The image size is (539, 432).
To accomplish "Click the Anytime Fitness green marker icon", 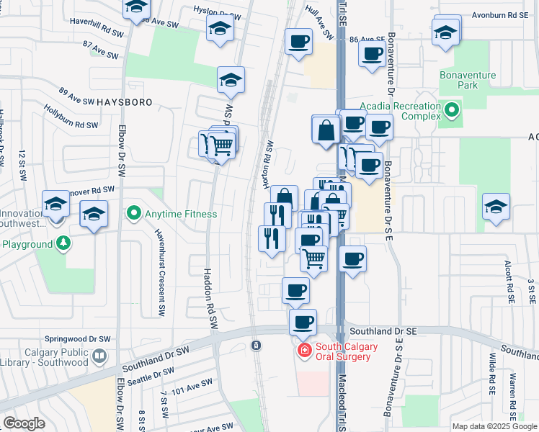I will pyautogui.click(x=133, y=214).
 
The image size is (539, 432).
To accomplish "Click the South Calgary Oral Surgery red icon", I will pyautogui.click(x=305, y=351).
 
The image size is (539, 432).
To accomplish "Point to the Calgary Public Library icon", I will pyautogui.click(x=100, y=355).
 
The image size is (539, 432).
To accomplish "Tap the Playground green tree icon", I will pyautogui.click(x=64, y=243).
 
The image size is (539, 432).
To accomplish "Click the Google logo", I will pyautogui.click(x=24, y=423).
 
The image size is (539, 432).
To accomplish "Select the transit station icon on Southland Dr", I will pyautogui.click(x=256, y=346).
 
